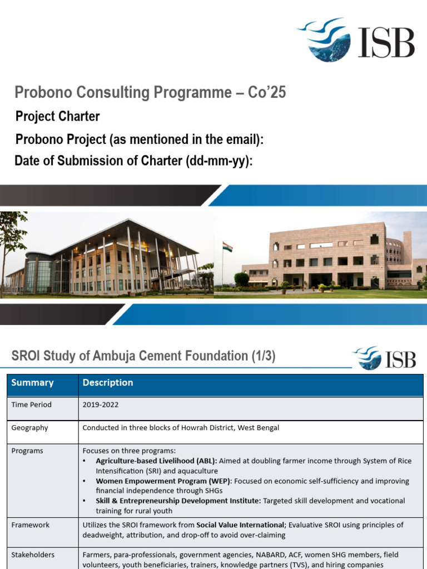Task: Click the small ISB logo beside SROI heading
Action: pos(384,358)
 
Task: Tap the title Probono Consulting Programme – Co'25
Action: pos(150,92)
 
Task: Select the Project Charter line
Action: pos(58,116)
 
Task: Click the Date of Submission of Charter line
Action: pos(133,161)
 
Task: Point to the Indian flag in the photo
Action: pos(227,247)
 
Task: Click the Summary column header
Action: pos(32,382)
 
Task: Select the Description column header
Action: pos(108,382)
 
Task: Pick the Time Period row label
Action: pos(31,405)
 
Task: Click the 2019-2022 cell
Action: pos(101,405)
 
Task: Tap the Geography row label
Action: pos(29,428)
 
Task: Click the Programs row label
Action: pos(27,451)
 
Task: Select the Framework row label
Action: pos(30,525)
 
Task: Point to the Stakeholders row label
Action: pos(33,555)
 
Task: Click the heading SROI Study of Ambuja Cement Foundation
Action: pos(143,356)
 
